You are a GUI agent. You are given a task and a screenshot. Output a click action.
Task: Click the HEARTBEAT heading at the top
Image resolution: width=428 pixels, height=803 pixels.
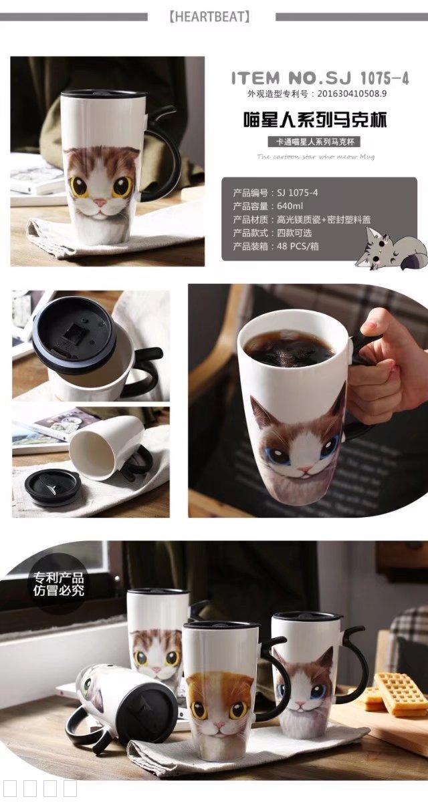(x=211, y=16)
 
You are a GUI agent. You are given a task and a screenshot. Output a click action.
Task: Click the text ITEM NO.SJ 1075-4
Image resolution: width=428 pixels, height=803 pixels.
(x=320, y=78)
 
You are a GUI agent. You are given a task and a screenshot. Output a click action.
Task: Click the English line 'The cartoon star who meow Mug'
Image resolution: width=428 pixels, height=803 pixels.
(x=316, y=156)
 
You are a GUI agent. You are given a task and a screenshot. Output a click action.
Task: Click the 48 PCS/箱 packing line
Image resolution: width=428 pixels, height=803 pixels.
(x=272, y=246)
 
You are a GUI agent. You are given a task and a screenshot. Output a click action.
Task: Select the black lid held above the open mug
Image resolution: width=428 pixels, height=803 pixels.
(x=74, y=333)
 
